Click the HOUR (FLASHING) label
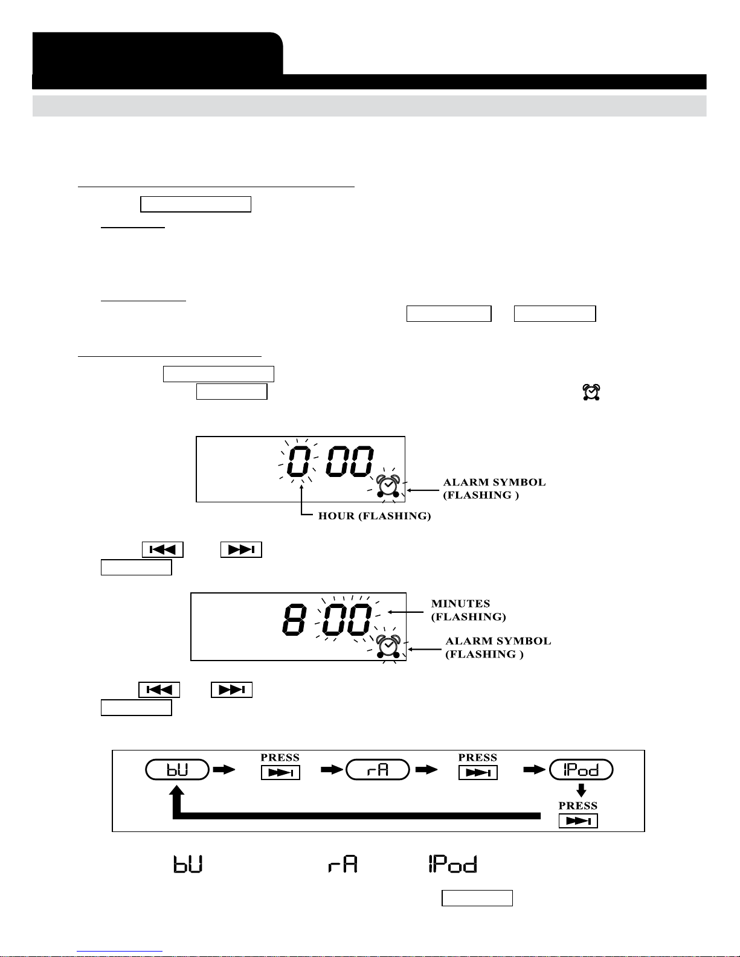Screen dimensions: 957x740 pyautogui.click(x=375, y=516)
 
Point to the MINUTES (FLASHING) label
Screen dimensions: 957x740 pyautogui.click(x=468, y=610)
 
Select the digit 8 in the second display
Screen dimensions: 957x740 pyautogui.click(x=294, y=619)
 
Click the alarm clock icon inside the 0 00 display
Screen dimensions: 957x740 pyautogui.click(x=387, y=486)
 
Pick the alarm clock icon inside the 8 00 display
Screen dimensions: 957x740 pyautogui.click(x=387, y=646)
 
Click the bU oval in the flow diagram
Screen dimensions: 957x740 pyautogui.click(x=178, y=770)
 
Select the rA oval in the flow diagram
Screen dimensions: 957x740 pyautogui.click(x=378, y=770)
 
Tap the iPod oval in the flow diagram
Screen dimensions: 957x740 pyautogui.click(x=581, y=770)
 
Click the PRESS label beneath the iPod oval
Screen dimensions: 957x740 pyautogui.click(x=578, y=806)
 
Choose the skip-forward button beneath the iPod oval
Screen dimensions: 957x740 pyautogui.click(x=578, y=821)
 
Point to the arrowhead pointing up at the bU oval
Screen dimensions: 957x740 pyautogui.click(x=177, y=793)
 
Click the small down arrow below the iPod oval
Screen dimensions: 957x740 pyautogui.click(x=581, y=789)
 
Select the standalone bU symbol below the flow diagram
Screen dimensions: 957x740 pyautogui.click(x=188, y=864)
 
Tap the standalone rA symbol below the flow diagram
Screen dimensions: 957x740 pyautogui.click(x=343, y=864)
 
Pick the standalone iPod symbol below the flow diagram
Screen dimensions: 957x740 pyautogui.click(x=452, y=864)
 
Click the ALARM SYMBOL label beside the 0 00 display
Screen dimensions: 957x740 pyautogui.click(x=494, y=488)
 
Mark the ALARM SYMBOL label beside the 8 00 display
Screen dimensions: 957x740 pyautogui.click(x=498, y=647)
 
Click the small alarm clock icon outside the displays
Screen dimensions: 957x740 pyautogui.click(x=591, y=392)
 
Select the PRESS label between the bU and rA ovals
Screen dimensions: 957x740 pyautogui.click(x=280, y=758)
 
